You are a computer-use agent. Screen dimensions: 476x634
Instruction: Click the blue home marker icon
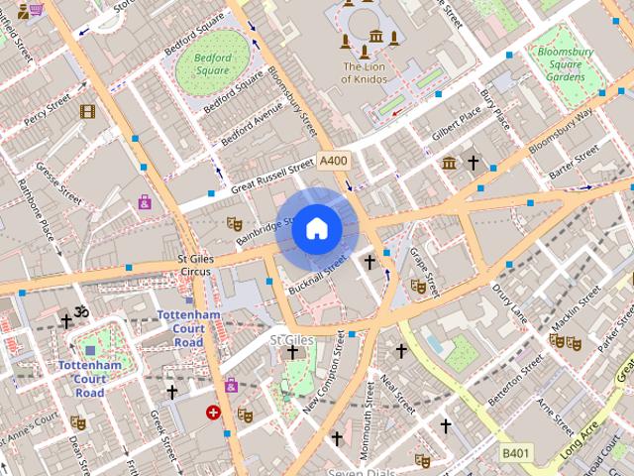(317, 229)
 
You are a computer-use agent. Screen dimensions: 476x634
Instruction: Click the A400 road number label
(334, 161)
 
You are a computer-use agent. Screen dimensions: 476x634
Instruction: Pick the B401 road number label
(515, 452)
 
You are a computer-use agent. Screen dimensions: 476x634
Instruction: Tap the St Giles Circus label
(194, 265)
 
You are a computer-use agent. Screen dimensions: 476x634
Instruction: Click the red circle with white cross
(213, 412)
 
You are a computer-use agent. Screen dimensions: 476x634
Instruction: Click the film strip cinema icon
(87, 111)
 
